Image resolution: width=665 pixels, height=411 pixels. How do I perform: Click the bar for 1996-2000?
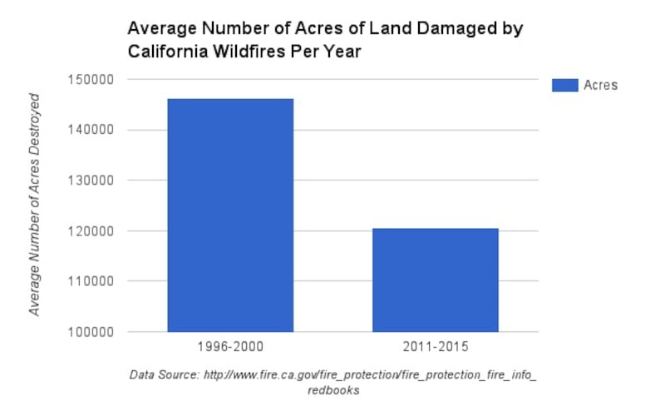pyautogui.click(x=230, y=215)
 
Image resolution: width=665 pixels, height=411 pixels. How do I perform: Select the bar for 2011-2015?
pyautogui.click(x=435, y=280)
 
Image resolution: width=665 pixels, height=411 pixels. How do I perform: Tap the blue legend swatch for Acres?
pyautogui.click(x=564, y=84)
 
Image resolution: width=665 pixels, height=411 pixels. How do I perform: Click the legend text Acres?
pyautogui.click(x=600, y=85)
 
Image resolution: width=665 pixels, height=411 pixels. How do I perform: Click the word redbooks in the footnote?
pyautogui.click(x=332, y=391)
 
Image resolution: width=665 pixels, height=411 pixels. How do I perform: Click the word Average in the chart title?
pyautogui.click(x=158, y=28)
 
